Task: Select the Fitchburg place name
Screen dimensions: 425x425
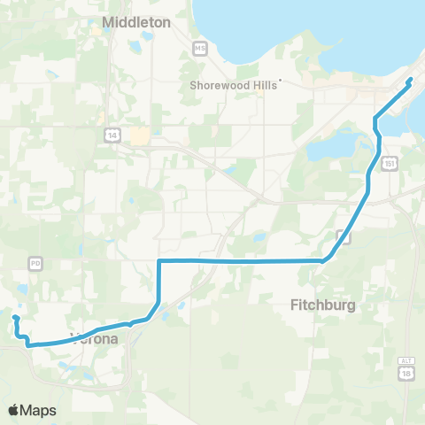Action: [322, 305]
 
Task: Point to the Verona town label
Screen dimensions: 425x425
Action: [96, 337]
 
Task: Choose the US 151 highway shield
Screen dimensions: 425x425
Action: [390, 164]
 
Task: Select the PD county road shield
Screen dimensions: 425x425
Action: [35, 263]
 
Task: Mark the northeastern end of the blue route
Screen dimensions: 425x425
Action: [411, 81]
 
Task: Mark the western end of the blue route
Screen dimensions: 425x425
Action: [14, 317]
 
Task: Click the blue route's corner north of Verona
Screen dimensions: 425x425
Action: [158, 261]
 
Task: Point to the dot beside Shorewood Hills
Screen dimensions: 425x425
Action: [280, 81]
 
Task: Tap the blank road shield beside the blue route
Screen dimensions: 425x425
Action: [341, 234]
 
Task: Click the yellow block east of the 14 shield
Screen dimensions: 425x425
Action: [140, 135]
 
